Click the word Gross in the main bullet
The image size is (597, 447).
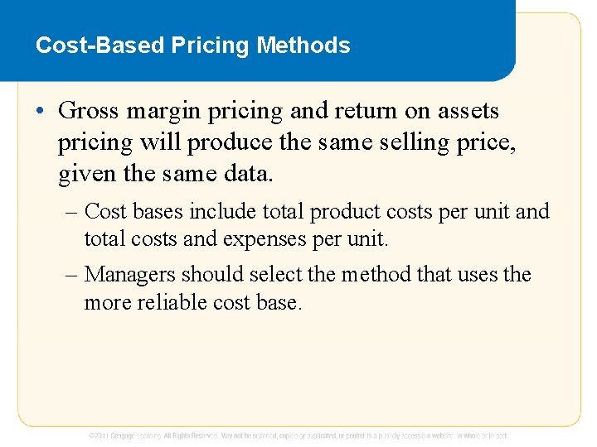click(x=89, y=111)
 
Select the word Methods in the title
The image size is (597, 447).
click(x=303, y=45)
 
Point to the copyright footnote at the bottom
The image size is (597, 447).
click(x=298, y=435)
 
